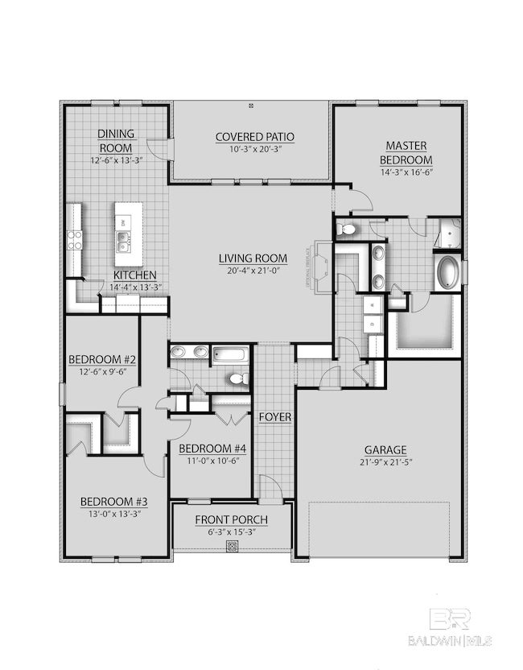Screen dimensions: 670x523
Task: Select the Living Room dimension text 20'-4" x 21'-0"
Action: coord(253,271)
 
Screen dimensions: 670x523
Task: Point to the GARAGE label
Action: coord(385,449)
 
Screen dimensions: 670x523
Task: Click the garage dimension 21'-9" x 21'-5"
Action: coord(385,461)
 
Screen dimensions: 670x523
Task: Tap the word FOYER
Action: coord(274,417)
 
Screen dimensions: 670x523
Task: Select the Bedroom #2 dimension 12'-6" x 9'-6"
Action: coord(101,372)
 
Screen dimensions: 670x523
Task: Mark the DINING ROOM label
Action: coord(116,141)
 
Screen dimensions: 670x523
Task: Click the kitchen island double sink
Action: coord(125,237)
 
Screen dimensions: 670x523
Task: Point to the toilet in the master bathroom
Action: coord(348,230)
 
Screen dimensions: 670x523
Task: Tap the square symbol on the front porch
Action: coord(232,546)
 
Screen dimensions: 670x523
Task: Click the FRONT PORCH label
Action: coord(231,519)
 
